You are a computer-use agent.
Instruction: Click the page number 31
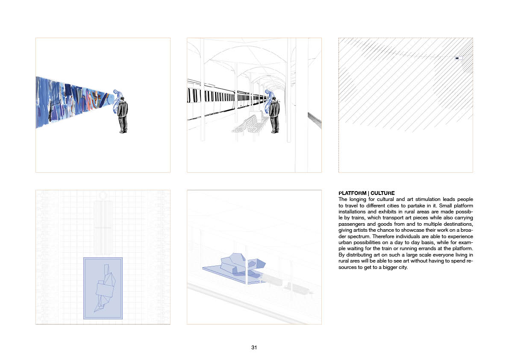point(254,347)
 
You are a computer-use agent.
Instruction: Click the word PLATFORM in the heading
point(352,193)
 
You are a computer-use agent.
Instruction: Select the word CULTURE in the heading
point(383,193)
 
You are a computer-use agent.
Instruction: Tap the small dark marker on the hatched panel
point(457,58)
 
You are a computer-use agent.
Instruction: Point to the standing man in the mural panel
point(122,114)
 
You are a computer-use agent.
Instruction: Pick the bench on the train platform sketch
point(250,125)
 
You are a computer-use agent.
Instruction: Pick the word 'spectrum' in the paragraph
point(356,236)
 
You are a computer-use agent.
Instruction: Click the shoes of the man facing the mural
point(123,131)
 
